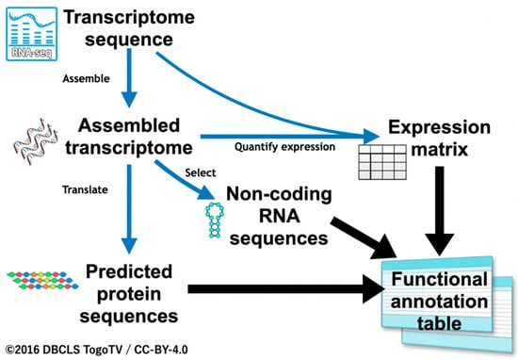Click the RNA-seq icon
pos(32,34)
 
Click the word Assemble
pos(87,78)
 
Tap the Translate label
pos(85,189)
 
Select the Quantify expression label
pos(284,147)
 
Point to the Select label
pos(201,172)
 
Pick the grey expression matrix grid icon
pos(382,162)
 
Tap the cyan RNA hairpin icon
pos(215,221)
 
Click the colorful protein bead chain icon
pos(42,280)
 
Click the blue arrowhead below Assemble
pos(129,99)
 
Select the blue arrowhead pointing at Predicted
pos(129,245)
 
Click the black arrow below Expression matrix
pos(440,211)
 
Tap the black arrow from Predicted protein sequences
pos(286,289)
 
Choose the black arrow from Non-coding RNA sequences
pos(364,238)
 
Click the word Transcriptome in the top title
pos(129,17)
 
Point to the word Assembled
pos(129,125)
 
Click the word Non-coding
pos(279,194)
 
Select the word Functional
pos(440,279)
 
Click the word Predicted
pos(129,271)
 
